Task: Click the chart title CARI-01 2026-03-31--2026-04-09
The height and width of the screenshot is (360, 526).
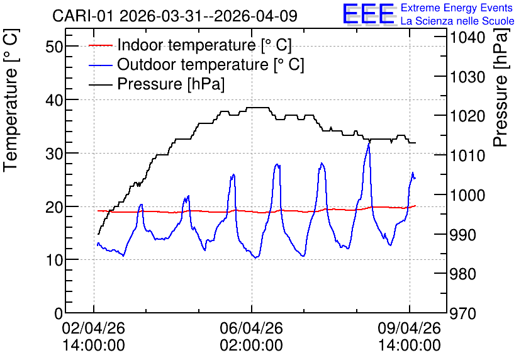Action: (175, 16)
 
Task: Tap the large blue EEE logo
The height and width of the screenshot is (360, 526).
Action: (369, 14)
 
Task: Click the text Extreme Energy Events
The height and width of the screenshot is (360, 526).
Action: (457, 8)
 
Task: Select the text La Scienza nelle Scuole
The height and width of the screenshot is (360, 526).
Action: (457, 21)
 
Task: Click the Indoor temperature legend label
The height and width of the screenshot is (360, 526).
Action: (204, 45)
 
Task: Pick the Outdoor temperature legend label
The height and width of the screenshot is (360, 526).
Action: (211, 64)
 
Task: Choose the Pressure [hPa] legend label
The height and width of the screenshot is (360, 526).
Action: (171, 84)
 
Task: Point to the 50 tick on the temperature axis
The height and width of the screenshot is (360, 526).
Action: (54, 47)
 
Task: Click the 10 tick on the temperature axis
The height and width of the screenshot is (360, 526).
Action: (54, 260)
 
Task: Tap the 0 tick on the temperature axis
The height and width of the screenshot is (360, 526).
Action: (59, 313)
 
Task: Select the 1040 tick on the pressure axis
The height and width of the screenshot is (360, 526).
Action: (467, 37)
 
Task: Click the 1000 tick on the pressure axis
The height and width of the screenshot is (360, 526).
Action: (467, 195)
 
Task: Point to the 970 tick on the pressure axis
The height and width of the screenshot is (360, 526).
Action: (463, 313)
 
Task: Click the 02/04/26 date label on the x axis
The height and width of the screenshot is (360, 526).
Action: (94, 328)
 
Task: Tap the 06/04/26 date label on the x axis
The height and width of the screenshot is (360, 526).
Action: (252, 328)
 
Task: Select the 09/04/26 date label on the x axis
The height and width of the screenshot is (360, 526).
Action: (410, 328)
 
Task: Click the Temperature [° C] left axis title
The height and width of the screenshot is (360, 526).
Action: (11, 100)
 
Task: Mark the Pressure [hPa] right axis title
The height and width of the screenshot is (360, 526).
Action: (500, 87)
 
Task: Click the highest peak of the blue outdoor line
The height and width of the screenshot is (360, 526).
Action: (369, 143)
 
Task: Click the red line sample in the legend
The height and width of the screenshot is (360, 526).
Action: (100, 45)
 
